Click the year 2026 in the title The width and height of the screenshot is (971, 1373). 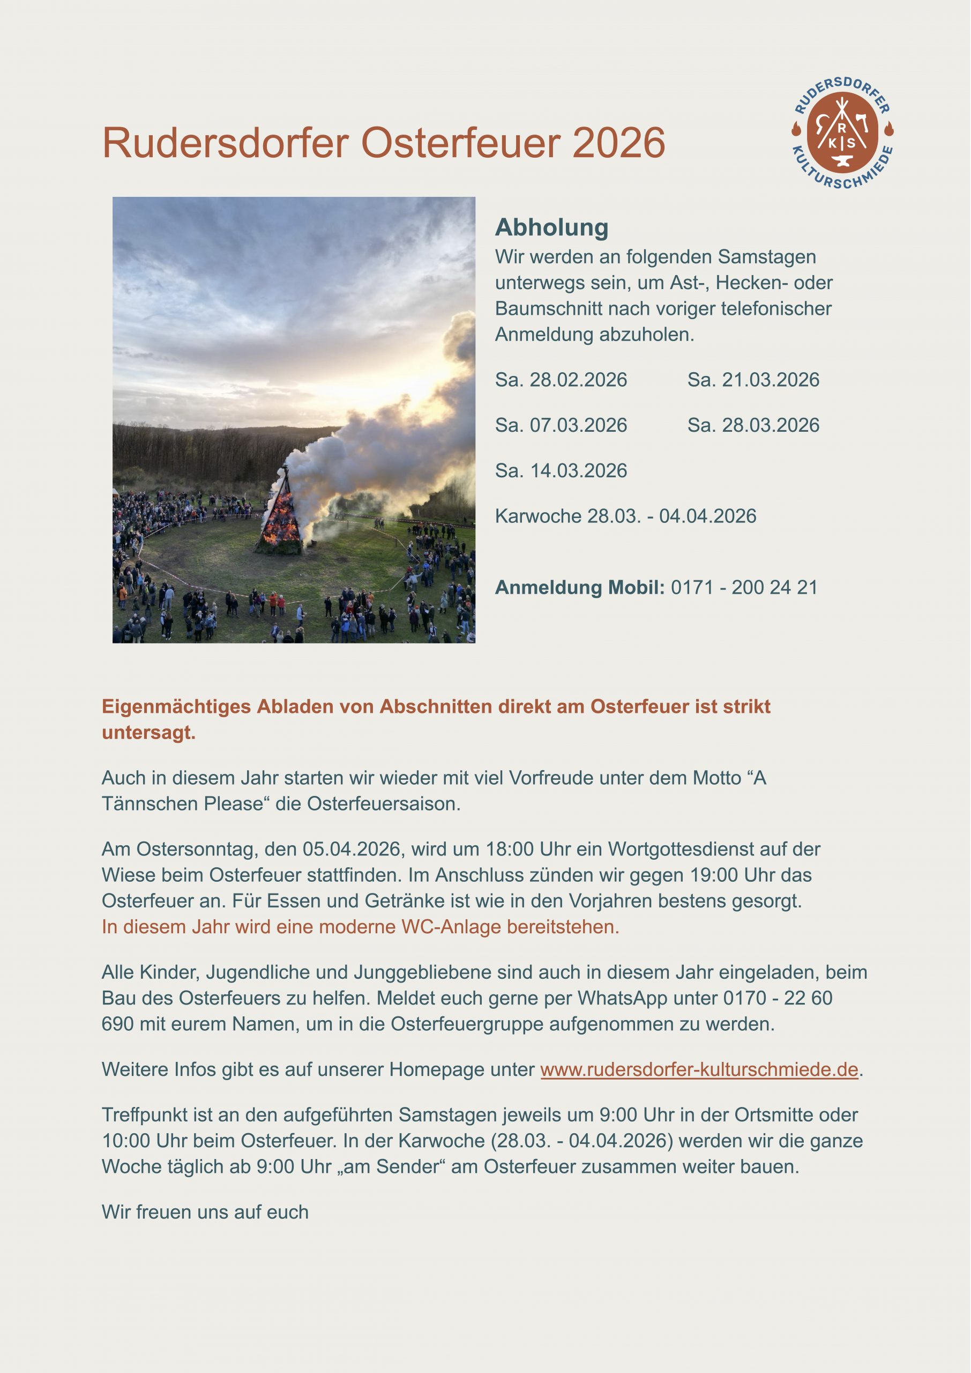[618, 143]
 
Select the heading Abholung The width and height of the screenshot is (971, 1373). [551, 227]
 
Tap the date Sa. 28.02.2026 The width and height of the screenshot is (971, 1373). [561, 380]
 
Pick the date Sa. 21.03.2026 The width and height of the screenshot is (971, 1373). [753, 380]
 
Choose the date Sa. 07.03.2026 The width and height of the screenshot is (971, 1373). [561, 425]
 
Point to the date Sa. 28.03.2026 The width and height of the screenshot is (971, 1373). [753, 425]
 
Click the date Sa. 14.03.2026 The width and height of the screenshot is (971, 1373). [561, 471]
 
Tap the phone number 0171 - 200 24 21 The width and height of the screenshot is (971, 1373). [744, 587]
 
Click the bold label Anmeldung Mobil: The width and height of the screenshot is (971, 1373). [579, 587]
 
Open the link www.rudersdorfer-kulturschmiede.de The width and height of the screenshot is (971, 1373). [699, 1069]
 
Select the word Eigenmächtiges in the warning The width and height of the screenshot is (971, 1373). [176, 706]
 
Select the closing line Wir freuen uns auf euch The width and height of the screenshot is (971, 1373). [205, 1212]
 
